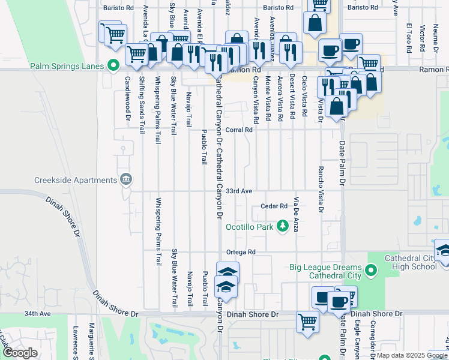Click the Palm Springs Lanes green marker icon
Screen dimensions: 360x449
(113, 66)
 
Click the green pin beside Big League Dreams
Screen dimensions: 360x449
(371, 271)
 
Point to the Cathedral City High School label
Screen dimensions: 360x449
(410, 262)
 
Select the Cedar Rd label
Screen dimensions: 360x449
(274, 206)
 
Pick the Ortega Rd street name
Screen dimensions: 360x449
(241, 251)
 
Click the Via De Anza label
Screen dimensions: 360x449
(295, 214)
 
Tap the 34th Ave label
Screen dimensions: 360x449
(38, 313)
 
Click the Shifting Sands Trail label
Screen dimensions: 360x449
(142, 104)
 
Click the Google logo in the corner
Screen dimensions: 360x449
(20, 353)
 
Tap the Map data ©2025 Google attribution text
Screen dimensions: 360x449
(411, 355)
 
